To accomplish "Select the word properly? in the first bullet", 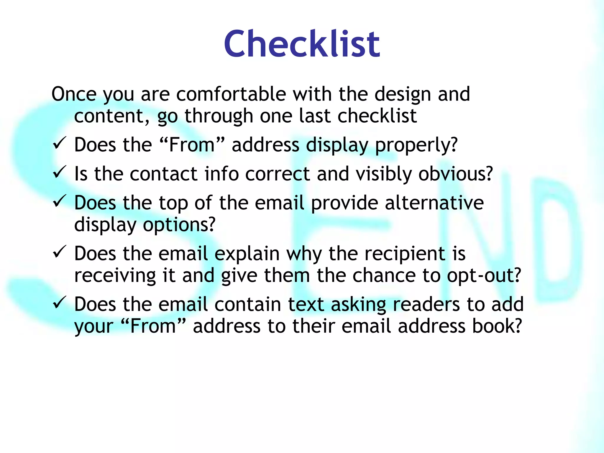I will (x=416, y=145).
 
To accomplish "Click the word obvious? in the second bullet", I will (x=456, y=174).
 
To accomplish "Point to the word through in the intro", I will (x=219, y=116).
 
